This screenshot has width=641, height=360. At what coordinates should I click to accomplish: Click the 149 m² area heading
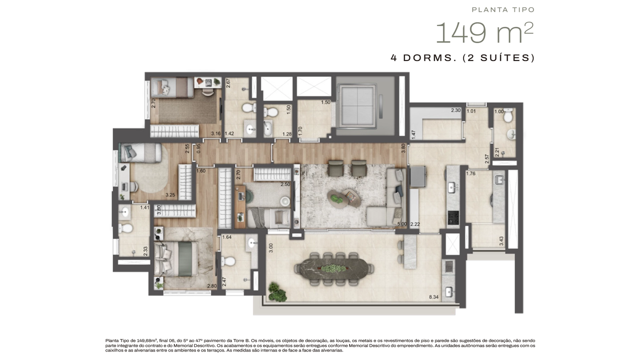pyautogui.click(x=484, y=33)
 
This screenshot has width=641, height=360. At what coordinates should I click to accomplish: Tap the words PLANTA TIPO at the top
pyautogui.click(x=503, y=10)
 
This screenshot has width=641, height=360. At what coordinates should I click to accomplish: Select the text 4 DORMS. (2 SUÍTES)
pyautogui.click(x=462, y=58)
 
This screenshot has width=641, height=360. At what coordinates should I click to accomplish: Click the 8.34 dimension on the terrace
pyautogui.click(x=434, y=297)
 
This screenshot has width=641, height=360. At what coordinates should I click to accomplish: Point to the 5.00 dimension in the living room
pyautogui.click(x=402, y=224)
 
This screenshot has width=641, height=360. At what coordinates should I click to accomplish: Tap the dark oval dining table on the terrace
pyautogui.click(x=334, y=269)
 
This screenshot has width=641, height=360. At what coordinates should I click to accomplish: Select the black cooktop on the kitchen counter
pyautogui.click(x=453, y=218)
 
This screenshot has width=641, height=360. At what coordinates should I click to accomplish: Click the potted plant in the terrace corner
pyautogui.click(x=277, y=292)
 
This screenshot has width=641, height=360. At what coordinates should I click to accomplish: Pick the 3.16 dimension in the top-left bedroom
pyautogui.click(x=216, y=133)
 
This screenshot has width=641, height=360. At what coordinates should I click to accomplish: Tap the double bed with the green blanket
pyautogui.click(x=176, y=259)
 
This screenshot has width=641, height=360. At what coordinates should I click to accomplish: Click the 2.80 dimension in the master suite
pyautogui.click(x=212, y=286)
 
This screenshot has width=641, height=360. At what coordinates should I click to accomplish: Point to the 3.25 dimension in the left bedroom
pyautogui.click(x=170, y=195)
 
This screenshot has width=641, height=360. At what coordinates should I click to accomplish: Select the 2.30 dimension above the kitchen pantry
pyautogui.click(x=456, y=110)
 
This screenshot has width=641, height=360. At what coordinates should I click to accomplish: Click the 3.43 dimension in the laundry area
pyautogui.click(x=501, y=241)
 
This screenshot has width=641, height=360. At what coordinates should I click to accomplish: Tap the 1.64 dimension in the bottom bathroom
pyautogui.click(x=227, y=237)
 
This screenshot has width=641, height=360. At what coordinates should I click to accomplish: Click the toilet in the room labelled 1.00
pyautogui.click(x=508, y=115)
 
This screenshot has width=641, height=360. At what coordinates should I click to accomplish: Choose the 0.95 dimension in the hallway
pyautogui.click(x=199, y=149)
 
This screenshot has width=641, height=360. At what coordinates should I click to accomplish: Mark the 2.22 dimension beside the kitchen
pyautogui.click(x=415, y=224)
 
